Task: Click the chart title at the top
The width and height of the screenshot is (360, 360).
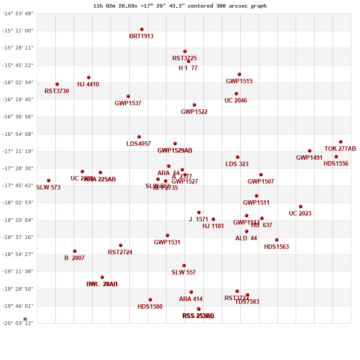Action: [180, 6]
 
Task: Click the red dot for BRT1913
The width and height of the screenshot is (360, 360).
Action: [142, 29]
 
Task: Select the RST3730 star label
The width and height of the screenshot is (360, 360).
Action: [57, 91]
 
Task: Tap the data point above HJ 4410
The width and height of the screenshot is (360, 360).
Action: [89, 77]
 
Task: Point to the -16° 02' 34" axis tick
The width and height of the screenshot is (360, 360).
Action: [18, 82]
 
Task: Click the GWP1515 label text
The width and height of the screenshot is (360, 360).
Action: [239, 81]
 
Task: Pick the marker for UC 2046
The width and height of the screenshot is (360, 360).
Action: [236, 94]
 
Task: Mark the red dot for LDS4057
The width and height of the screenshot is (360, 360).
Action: [139, 137]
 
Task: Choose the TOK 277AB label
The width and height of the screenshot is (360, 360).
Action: [340, 149]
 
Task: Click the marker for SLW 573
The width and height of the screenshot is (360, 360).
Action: [49, 180]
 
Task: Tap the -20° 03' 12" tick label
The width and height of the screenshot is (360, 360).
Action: [18, 323]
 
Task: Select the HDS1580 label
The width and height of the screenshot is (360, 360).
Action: [150, 307]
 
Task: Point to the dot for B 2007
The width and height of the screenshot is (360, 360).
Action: [75, 251]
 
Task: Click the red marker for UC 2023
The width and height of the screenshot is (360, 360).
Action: [301, 207]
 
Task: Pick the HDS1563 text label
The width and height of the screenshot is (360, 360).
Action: [276, 247]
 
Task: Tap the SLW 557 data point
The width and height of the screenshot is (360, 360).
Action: [184, 265]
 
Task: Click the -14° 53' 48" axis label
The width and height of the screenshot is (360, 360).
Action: [18, 13]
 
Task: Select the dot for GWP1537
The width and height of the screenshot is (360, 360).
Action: [128, 96]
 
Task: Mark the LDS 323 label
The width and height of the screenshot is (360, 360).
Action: [237, 164]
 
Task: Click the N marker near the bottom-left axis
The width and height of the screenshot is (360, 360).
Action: [25, 319]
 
